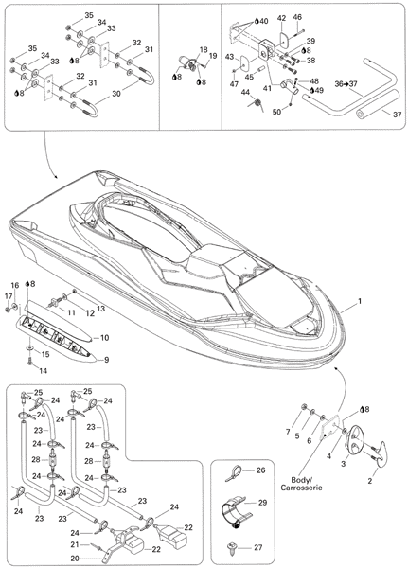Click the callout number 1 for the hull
pos(360,301)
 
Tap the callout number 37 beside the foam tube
pos(398,115)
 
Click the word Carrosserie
pos(301,488)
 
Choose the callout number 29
pos(262,503)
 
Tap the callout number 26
pos(261,470)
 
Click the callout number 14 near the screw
pos(44,371)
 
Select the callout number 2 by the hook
pos(370,481)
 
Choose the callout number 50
pos(276,113)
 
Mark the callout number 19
pos(213,56)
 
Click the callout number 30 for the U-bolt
pos(115,93)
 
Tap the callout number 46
pos(297,17)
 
